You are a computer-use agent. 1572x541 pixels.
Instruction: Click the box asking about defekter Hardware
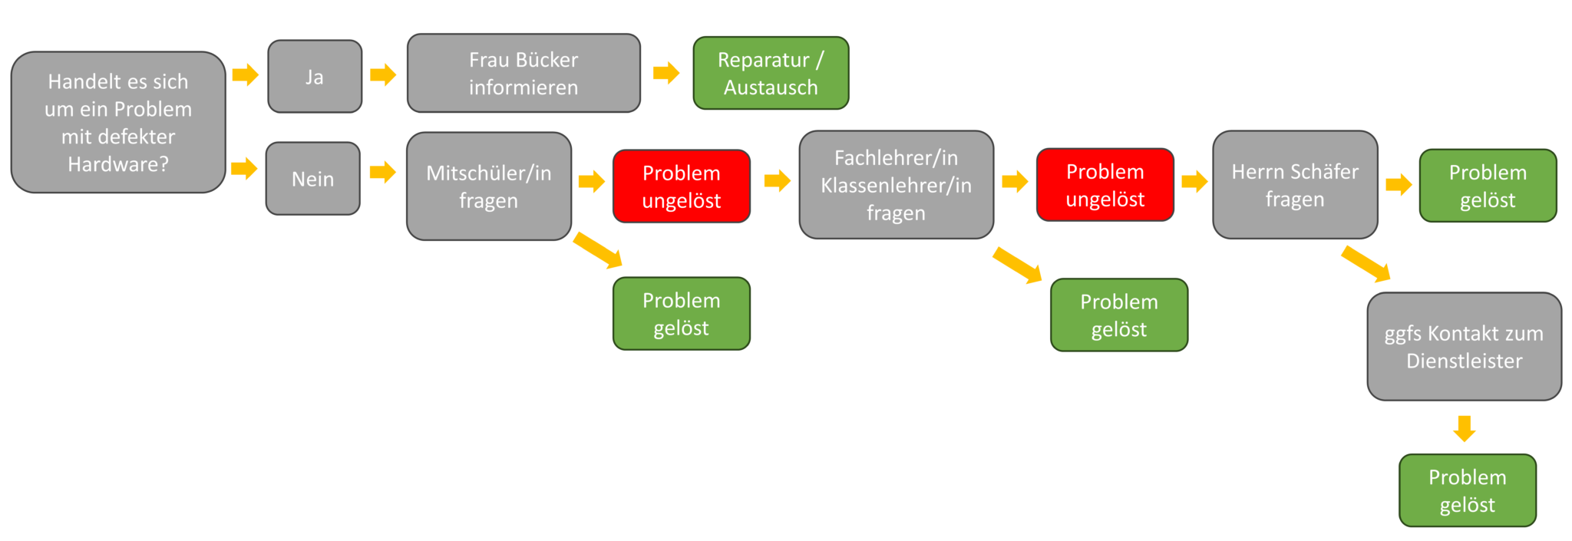tap(118, 122)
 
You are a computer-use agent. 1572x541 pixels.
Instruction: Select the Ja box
tap(315, 77)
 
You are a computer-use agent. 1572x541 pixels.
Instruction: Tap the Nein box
tap(313, 179)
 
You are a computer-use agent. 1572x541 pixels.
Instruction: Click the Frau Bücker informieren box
tap(523, 73)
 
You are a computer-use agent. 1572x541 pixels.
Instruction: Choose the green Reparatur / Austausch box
tap(771, 73)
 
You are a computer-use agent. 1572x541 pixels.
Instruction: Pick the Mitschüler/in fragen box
tap(489, 186)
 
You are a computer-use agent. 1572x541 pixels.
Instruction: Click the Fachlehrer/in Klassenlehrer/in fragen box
tap(897, 185)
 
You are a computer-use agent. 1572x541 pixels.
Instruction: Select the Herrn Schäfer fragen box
tap(1295, 185)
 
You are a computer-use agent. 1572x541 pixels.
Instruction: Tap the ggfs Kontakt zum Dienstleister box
tap(1465, 347)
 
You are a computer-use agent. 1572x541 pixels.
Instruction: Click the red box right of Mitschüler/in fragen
tap(682, 186)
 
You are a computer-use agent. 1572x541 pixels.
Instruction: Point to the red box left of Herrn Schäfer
tap(1105, 185)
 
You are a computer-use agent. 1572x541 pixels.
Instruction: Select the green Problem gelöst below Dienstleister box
tap(1468, 490)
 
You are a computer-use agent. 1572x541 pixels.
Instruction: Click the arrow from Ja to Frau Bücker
tap(383, 74)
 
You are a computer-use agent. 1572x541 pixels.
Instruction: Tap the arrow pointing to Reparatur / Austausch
tap(666, 73)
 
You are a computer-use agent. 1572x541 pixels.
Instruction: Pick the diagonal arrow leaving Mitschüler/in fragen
tap(598, 250)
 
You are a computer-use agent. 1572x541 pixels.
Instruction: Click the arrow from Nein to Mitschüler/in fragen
tap(383, 171)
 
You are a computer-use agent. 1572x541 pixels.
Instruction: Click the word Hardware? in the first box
tap(118, 164)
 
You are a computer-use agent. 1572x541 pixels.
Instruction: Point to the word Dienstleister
tap(1465, 361)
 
